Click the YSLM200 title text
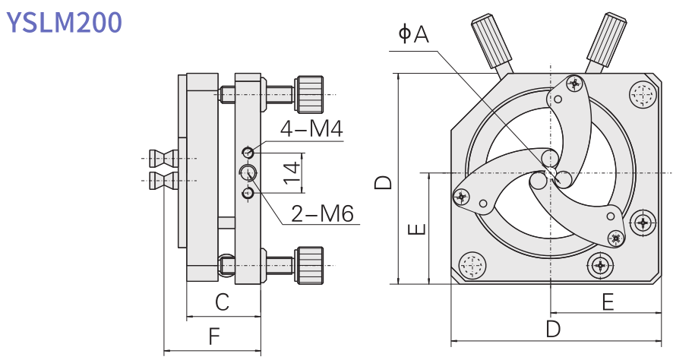pyautogui.click(x=64, y=22)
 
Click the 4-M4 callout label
pyautogui.click(x=311, y=129)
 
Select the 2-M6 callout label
pyautogui.click(x=322, y=213)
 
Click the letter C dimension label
pyautogui.click(x=222, y=302)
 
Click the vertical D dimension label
pyautogui.click(x=384, y=182)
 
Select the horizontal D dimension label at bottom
pyautogui.click(x=554, y=329)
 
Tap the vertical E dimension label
pyautogui.click(x=417, y=229)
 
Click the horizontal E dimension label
pyautogui.click(x=607, y=302)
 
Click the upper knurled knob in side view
pyautogui.click(x=310, y=93)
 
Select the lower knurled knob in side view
pyautogui.click(x=310, y=264)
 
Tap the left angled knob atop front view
pyautogui.click(x=491, y=43)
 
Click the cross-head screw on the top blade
pyautogui.click(x=574, y=84)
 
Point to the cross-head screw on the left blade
pyautogui.click(x=461, y=196)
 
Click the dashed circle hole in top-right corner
pyautogui.click(x=643, y=95)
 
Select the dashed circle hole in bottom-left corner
pyautogui.click(x=471, y=266)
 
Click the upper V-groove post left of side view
pyautogui.click(x=164, y=159)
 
